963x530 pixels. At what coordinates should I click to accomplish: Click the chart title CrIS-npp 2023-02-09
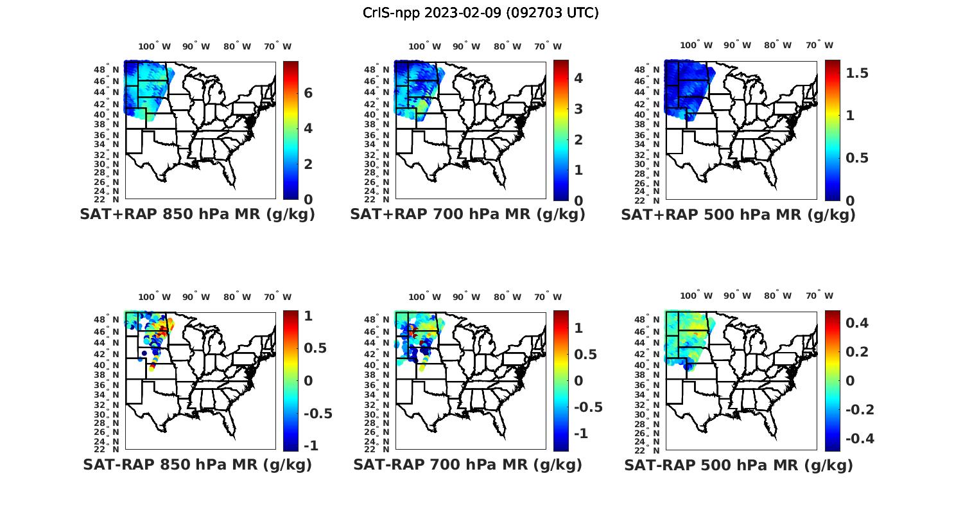481,13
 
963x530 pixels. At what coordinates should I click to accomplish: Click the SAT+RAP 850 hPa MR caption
197,215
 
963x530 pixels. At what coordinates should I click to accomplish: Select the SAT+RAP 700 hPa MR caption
467,215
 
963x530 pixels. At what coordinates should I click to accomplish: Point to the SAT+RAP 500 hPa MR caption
738,215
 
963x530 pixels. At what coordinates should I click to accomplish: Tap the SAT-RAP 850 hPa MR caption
197,464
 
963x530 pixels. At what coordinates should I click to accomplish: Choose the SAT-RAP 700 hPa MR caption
467,464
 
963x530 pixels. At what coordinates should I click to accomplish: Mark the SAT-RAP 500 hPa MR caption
738,464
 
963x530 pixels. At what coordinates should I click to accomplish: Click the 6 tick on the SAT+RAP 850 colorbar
308,93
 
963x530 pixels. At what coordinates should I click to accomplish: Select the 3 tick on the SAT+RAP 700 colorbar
578,109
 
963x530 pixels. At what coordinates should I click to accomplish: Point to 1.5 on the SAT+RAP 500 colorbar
857,73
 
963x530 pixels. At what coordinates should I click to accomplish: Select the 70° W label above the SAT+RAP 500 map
819,46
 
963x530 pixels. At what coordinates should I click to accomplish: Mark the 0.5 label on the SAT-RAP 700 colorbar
586,354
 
